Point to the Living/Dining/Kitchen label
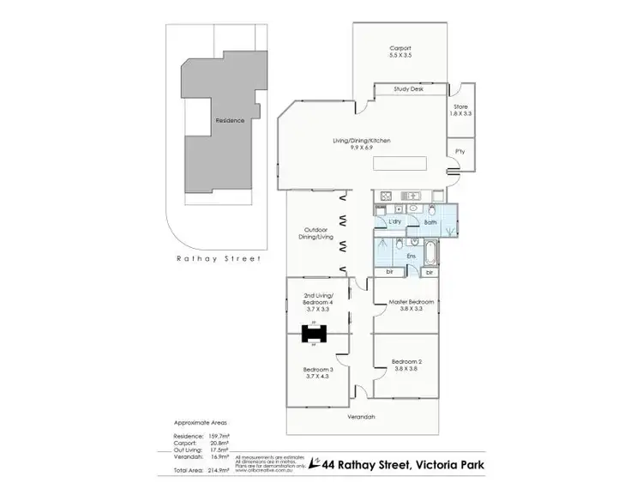click(x=362, y=143)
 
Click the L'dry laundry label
click(x=394, y=221)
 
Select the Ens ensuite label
click(x=411, y=256)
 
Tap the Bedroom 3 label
click(x=317, y=371)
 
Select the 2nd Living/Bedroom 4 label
click(x=317, y=304)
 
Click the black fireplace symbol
click(x=314, y=334)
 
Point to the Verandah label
click(x=362, y=417)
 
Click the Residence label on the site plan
click(x=230, y=121)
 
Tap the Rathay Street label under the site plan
click(x=218, y=257)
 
